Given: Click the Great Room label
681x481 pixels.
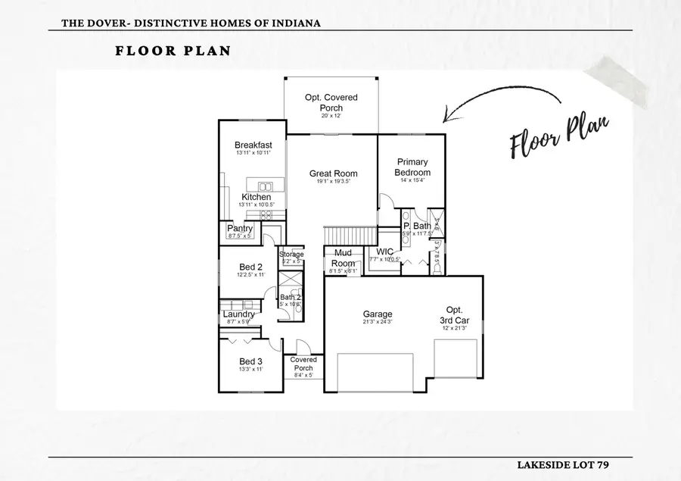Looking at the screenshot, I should pos(334,173).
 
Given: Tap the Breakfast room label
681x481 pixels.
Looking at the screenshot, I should pos(253,145).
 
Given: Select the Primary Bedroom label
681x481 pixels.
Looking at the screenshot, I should pos(412,167).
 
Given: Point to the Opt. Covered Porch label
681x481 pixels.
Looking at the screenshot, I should pos(331,102).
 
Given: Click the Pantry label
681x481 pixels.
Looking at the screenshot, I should pos(240,228).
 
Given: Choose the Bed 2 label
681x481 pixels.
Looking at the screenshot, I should pos(250,267).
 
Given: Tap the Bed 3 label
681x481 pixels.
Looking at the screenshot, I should pos(250,361).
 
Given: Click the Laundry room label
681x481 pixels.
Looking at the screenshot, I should pos(238,314).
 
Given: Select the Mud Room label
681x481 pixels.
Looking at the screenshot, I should pos(343,258).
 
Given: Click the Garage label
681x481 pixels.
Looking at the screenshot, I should pos(378,314).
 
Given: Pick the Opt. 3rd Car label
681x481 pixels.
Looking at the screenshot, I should pos(454,315).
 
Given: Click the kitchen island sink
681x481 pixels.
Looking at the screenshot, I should pos(266,186).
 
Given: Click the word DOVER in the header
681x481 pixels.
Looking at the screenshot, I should pos(104,23).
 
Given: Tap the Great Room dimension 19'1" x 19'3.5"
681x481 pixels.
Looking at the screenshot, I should pos(334,182).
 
